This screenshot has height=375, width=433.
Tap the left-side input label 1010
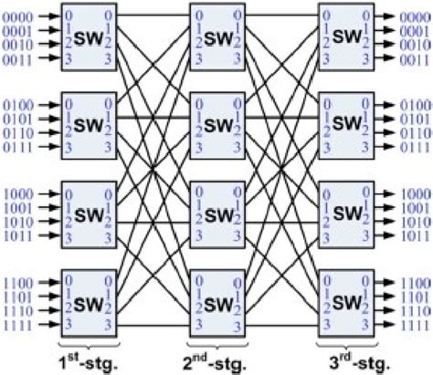[x=16, y=222]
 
